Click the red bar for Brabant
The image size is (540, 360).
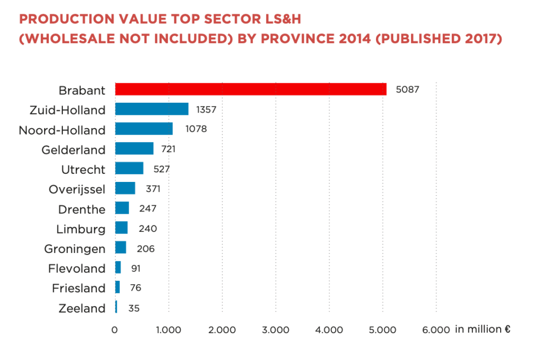coord(251,89)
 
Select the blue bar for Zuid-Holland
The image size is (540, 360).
coord(152,109)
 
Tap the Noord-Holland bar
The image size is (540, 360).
coord(144,129)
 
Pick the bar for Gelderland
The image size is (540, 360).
coord(134,149)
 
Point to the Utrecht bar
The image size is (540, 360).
coord(129,168)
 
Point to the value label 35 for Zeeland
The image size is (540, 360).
coord(134,309)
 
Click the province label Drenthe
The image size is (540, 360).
coord(82,209)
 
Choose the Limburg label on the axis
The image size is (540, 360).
coord(81,229)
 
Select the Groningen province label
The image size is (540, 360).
coord(75,249)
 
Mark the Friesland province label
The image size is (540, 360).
coord(79,288)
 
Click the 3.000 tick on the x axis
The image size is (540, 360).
coord(275,330)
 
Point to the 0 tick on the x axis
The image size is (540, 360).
coord(115,330)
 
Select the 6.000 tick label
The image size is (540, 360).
coord(436,330)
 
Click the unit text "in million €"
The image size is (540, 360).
coord(482,329)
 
